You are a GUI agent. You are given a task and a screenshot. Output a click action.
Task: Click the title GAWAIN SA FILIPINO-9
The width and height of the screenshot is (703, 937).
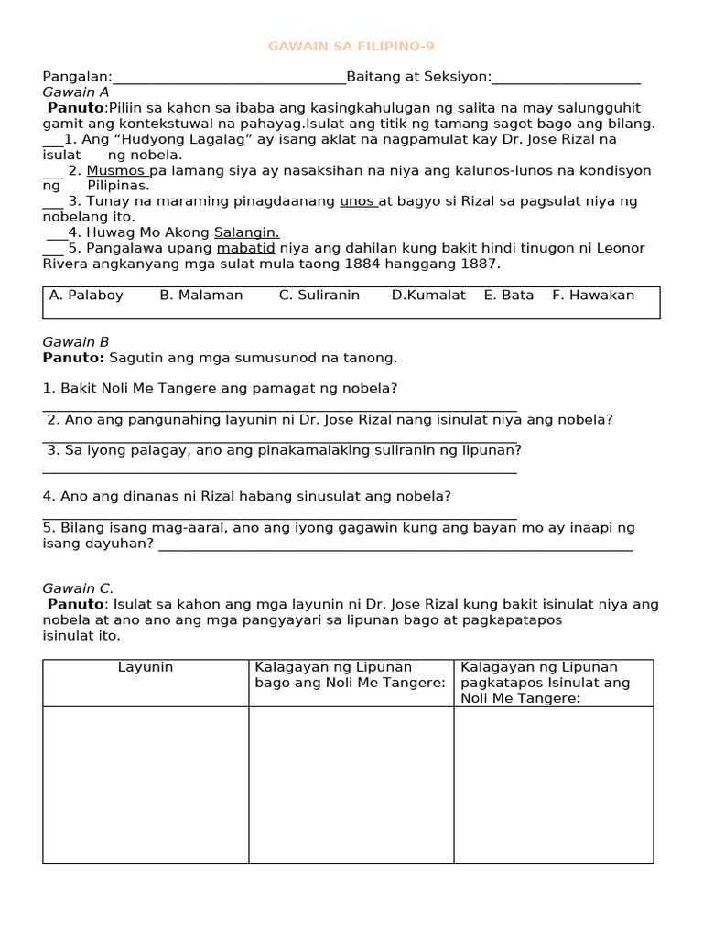tap(345, 46)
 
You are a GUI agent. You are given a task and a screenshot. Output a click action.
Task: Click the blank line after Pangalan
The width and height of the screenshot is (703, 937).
tap(229, 79)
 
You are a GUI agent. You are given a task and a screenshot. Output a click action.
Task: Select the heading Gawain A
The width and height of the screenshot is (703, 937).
tap(76, 92)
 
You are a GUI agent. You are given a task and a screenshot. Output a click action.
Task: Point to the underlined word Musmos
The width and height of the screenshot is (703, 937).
tap(116, 171)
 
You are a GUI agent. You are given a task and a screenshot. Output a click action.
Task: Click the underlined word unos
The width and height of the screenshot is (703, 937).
tap(358, 201)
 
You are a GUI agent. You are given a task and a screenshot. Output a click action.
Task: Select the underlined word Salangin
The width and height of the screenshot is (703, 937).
tap(246, 232)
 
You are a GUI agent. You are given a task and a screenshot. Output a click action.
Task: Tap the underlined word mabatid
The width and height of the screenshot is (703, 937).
tap(246, 248)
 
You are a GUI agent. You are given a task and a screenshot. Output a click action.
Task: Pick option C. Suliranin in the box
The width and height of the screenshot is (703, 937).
tap(319, 296)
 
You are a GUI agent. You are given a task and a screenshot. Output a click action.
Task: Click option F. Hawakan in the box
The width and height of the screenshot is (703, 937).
tap(593, 296)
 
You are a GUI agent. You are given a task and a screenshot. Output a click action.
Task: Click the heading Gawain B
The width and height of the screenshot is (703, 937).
tap(76, 342)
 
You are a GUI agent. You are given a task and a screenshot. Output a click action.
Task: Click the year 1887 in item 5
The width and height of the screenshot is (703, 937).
tap(481, 264)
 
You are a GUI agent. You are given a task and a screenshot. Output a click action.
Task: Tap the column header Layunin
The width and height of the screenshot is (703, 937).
tap(146, 668)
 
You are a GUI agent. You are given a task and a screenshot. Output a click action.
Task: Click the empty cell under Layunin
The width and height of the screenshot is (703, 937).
tap(146, 784)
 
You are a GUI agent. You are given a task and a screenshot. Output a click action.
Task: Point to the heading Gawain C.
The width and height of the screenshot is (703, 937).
tap(78, 589)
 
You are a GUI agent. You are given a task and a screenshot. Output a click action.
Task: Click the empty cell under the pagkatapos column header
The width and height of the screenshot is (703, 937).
tap(553, 784)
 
